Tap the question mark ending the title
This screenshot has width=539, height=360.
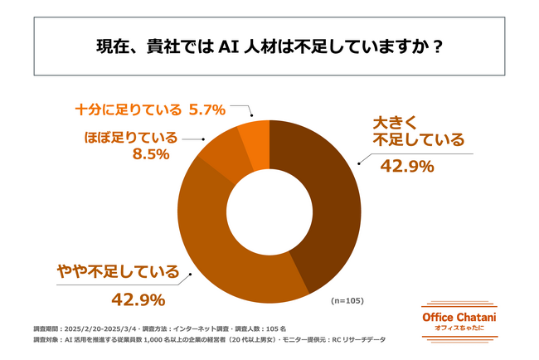click(436, 46)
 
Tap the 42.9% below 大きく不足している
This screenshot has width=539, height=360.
click(407, 167)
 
